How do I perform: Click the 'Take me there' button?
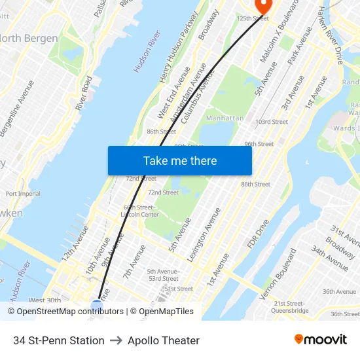click(179, 160)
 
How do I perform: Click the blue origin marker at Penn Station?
click(97, 306)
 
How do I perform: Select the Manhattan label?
click(225, 118)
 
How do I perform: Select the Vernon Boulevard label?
click(278, 274)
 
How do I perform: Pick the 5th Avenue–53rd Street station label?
click(162, 275)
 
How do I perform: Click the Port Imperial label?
click(23, 194)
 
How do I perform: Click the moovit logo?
click(321, 339)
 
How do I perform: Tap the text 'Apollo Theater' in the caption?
click(164, 340)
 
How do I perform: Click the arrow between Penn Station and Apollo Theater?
click(116, 340)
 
